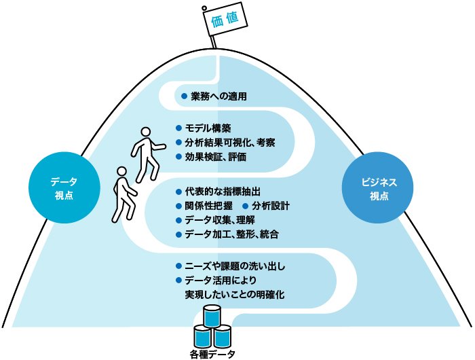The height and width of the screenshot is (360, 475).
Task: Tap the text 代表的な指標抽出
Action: pos(223,191)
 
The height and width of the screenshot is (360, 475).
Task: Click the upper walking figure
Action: pos(147,154)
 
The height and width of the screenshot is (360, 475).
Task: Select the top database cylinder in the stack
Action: pos(212,317)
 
